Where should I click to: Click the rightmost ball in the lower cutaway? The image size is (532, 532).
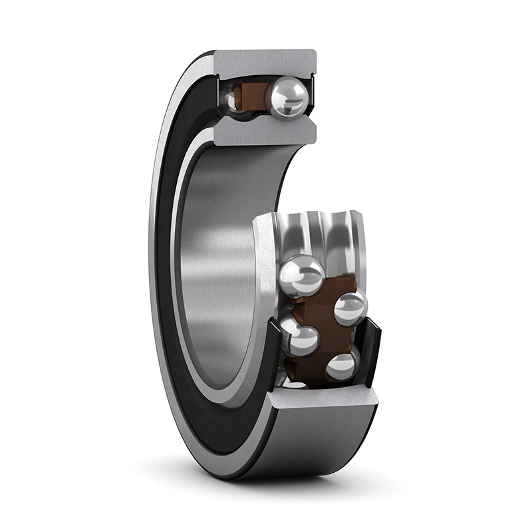tap(350, 308)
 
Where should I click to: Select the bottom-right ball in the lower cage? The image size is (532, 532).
tap(342, 366)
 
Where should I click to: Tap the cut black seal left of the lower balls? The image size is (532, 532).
tap(274, 352)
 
